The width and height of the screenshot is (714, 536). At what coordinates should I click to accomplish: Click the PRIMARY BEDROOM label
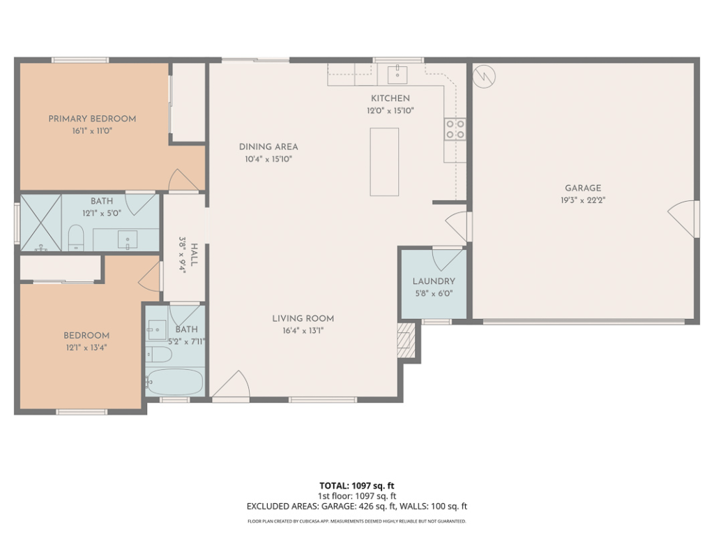click(x=92, y=119)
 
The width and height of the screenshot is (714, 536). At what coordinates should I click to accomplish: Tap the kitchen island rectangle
click(x=384, y=162)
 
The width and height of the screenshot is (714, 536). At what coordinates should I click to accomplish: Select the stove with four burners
click(x=455, y=129)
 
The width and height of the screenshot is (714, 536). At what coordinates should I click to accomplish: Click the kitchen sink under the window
click(x=397, y=74)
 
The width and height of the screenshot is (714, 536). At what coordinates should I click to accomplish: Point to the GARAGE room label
click(x=583, y=188)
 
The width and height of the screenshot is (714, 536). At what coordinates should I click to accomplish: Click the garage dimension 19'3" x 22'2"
click(x=583, y=200)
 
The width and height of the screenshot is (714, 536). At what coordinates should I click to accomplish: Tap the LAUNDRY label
click(x=434, y=281)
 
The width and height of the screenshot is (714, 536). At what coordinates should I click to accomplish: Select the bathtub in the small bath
click(x=175, y=382)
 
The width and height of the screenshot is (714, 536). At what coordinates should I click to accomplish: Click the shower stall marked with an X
click(x=41, y=223)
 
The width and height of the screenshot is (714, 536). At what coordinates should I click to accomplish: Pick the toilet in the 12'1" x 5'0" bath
click(x=76, y=237)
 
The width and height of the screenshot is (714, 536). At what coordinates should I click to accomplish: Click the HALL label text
click(x=194, y=255)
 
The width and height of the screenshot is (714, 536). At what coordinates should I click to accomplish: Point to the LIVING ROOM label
click(x=303, y=318)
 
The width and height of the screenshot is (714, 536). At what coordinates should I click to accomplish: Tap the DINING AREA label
click(x=268, y=147)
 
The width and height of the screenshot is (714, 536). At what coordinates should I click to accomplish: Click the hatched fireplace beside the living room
click(x=407, y=341)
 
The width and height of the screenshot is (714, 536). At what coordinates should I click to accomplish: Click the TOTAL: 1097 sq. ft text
click(x=357, y=486)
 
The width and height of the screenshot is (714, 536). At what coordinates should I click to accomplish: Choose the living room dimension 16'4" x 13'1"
click(x=303, y=331)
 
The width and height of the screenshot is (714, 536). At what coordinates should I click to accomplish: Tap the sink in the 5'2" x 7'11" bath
click(x=157, y=329)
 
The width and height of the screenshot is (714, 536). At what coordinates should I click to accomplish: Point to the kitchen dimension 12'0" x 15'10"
click(x=390, y=111)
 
